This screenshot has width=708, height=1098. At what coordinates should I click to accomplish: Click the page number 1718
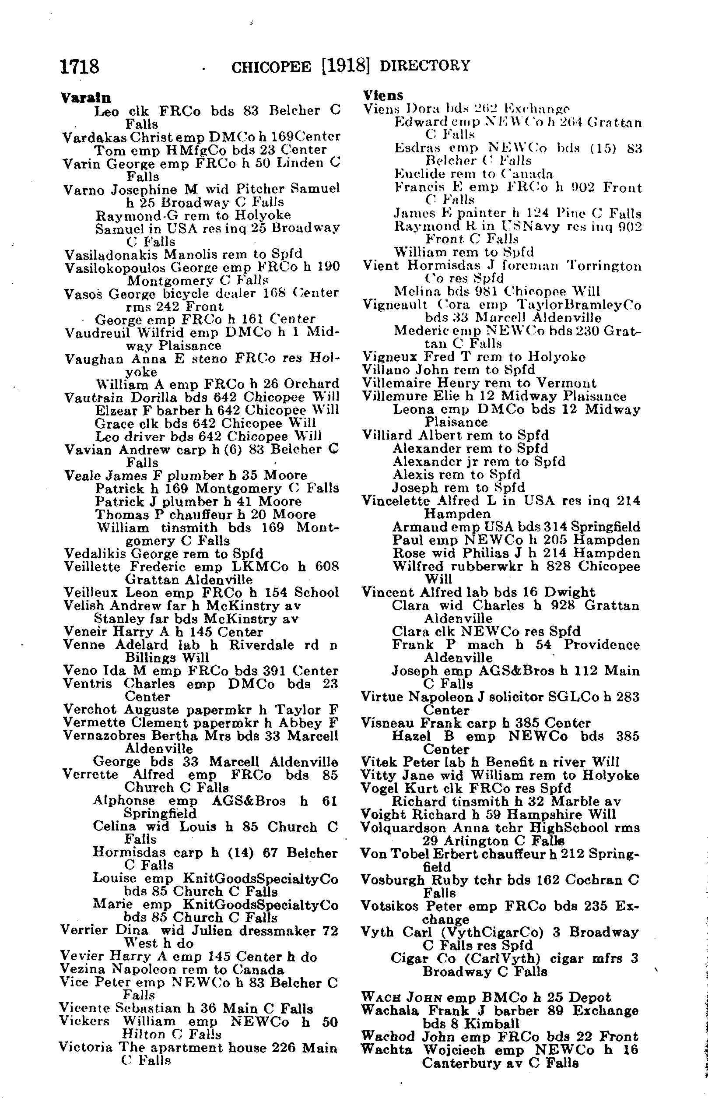point(80,67)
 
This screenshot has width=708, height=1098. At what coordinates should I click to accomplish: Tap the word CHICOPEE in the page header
point(271,67)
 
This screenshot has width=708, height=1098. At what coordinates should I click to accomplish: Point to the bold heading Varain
point(85,98)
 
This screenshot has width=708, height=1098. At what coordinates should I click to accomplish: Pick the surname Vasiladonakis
point(112,254)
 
